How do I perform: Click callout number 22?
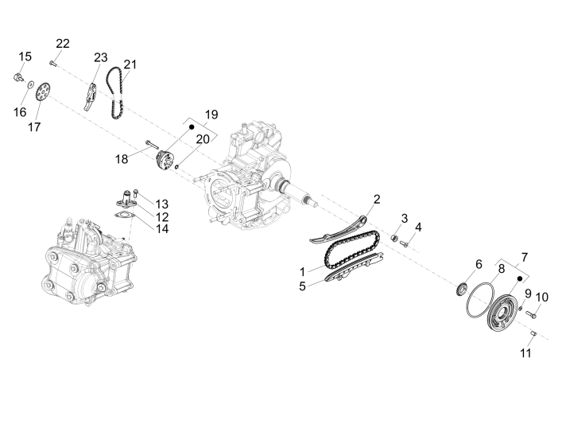(x=63, y=43)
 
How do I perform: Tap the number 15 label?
(x=25, y=56)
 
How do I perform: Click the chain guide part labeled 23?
(x=92, y=93)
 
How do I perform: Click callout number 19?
(x=211, y=115)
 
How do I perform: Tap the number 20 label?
(x=203, y=139)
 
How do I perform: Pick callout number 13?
(x=162, y=204)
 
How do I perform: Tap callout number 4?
(x=418, y=227)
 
